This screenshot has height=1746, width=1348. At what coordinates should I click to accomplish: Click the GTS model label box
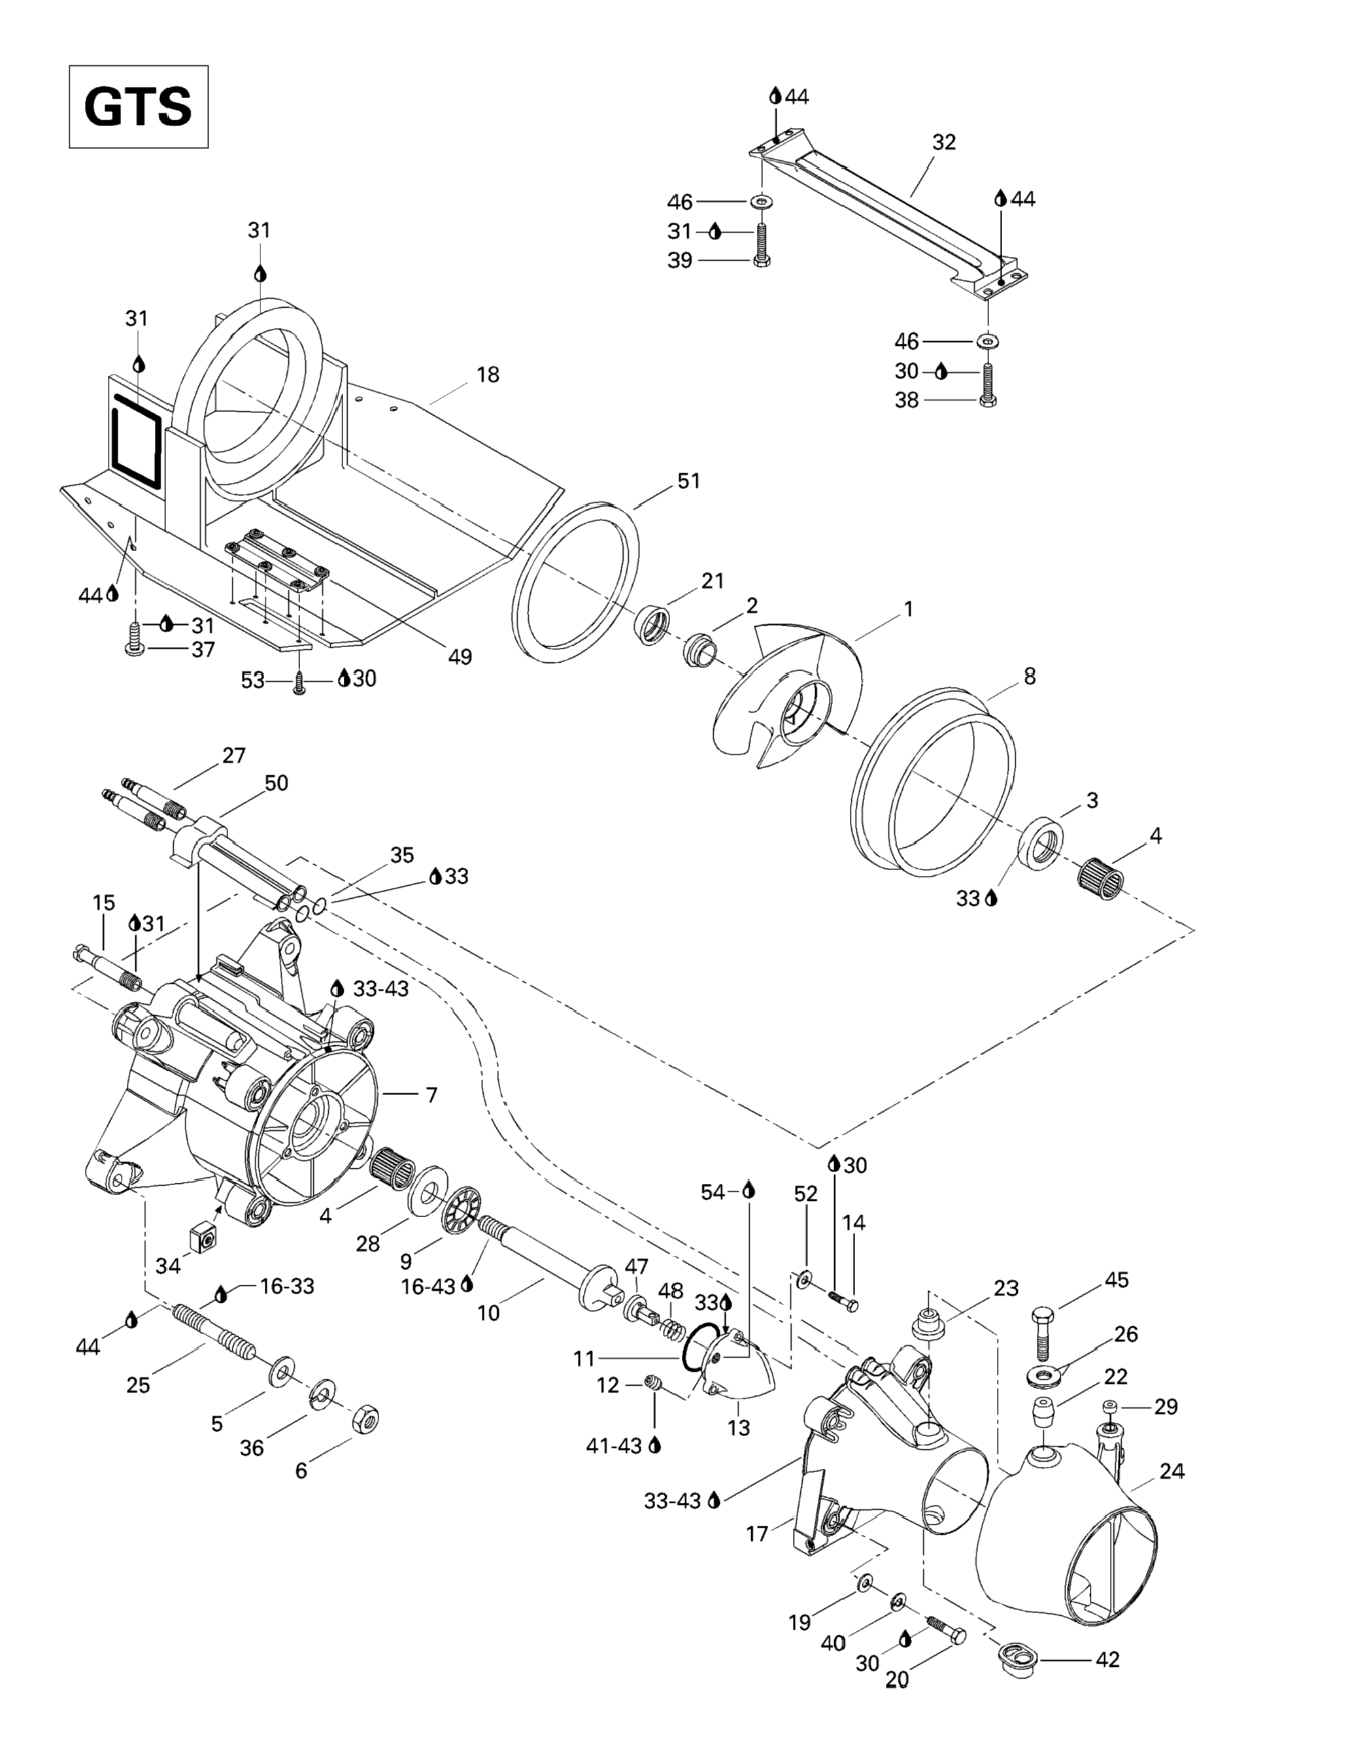pos(139,107)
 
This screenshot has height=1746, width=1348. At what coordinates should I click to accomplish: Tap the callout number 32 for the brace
pos(944,143)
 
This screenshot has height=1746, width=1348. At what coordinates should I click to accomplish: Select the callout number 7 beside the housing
pos(431,1094)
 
